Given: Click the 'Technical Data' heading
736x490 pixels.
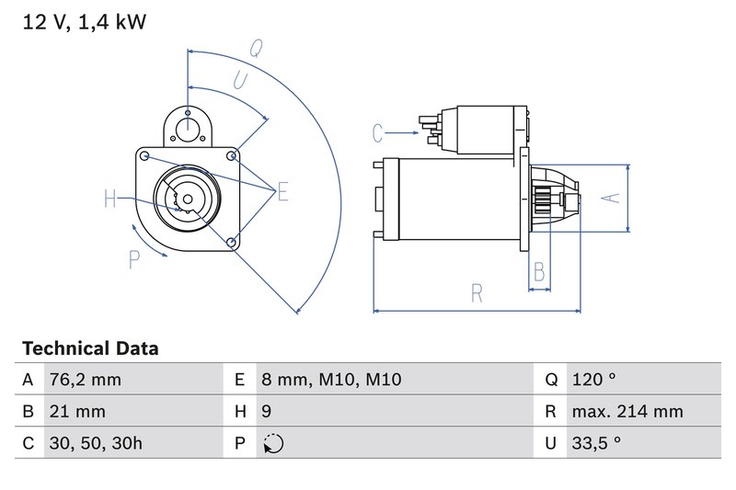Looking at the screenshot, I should click(x=89, y=348).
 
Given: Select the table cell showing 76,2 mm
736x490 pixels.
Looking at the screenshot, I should click(x=84, y=380).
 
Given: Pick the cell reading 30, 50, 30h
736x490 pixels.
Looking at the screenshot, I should click(x=98, y=443).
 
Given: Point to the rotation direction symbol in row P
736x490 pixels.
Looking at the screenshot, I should click(x=273, y=443).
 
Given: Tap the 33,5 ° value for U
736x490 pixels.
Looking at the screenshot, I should click(x=595, y=443).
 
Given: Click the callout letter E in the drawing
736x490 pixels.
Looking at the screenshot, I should click(x=282, y=191).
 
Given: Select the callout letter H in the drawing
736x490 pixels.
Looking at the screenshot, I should click(x=110, y=199).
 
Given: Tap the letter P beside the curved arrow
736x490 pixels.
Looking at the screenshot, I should click(x=134, y=261).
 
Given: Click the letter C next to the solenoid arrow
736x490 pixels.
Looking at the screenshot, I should click(x=377, y=133).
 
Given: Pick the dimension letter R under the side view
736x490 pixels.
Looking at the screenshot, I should click(x=477, y=293).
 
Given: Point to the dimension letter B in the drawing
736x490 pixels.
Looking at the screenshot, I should click(x=540, y=271).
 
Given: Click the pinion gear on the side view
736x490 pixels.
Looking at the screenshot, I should click(x=542, y=199).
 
